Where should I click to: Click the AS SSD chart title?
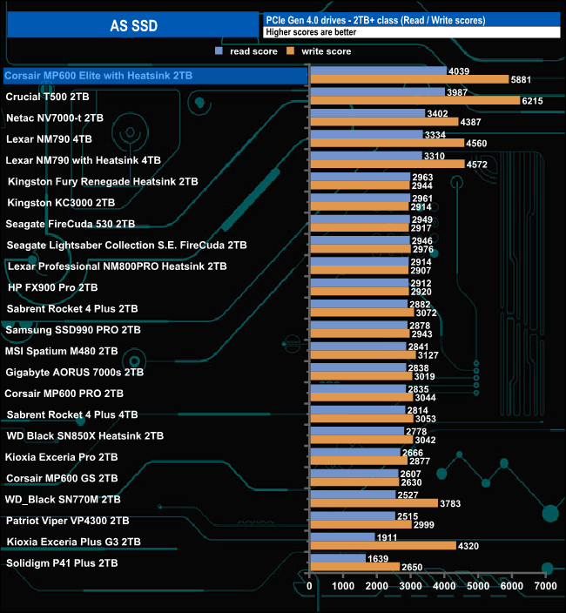point(134,26)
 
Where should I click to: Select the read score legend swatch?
point(219,52)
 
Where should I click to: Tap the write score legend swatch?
point(293,52)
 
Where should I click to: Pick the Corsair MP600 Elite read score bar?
point(378,71)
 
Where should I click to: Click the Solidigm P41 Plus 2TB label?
point(63,563)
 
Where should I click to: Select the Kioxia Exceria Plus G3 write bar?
point(382,546)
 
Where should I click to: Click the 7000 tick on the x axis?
point(545,587)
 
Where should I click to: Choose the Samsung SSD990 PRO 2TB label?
point(73,330)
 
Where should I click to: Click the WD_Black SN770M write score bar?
point(374,503)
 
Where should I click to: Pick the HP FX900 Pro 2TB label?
point(52,287)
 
